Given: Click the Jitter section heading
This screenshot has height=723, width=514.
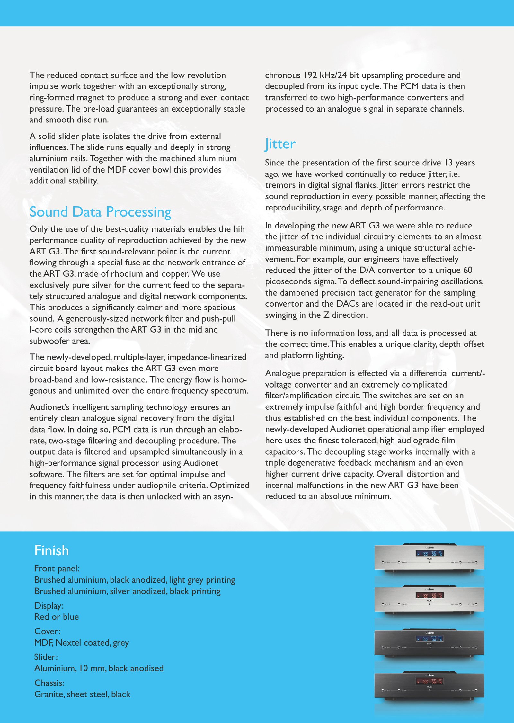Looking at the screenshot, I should tap(280, 144).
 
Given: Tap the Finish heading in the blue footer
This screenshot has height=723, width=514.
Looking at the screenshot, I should tap(52, 550).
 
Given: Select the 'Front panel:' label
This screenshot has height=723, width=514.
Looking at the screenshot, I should tap(57, 568).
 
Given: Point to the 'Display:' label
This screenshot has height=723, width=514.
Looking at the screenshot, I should tap(49, 606).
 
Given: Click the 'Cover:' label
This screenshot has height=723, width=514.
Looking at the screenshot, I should tap(48, 631).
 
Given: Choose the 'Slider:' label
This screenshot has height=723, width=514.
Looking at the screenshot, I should tap(46, 657).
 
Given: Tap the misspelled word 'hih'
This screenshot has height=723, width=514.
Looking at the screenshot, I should tap(239, 229).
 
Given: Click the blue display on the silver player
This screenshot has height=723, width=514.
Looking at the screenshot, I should tap(430, 553).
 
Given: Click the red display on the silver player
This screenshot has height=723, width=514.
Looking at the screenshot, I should tap(430, 595).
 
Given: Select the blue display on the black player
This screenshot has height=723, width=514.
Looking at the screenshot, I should tap(430, 639).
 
